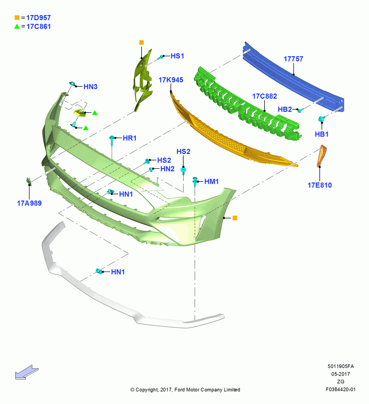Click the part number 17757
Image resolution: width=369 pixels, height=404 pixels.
[x=293, y=59]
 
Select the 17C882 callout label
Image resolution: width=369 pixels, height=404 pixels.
[x=265, y=97]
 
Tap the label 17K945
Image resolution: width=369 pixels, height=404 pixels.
[x=171, y=80]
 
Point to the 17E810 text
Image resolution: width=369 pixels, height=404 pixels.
[x=320, y=185]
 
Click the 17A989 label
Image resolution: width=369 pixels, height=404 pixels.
[x=29, y=203]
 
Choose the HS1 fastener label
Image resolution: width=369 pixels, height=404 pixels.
[x=177, y=56]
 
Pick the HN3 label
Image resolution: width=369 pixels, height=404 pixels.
[x=90, y=87]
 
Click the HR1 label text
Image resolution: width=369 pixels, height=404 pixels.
[x=129, y=138]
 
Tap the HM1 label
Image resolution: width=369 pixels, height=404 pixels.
[x=211, y=182]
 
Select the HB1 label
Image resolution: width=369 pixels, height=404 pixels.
[x=322, y=134]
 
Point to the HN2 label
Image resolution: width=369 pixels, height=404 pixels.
[x=168, y=169]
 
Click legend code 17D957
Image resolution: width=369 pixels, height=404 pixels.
[x=38, y=18]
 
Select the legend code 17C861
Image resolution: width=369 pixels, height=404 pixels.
[x=38, y=27]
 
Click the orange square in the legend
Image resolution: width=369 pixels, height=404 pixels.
[x=17, y=17]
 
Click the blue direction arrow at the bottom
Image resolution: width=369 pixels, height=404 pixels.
[x=26, y=372]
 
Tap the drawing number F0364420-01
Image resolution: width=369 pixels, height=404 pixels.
[x=340, y=389]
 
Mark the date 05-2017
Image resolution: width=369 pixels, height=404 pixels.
[x=341, y=374]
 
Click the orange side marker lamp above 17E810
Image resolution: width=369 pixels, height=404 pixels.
[x=322, y=156]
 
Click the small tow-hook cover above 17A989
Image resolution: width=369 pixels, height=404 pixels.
[x=29, y=181]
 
